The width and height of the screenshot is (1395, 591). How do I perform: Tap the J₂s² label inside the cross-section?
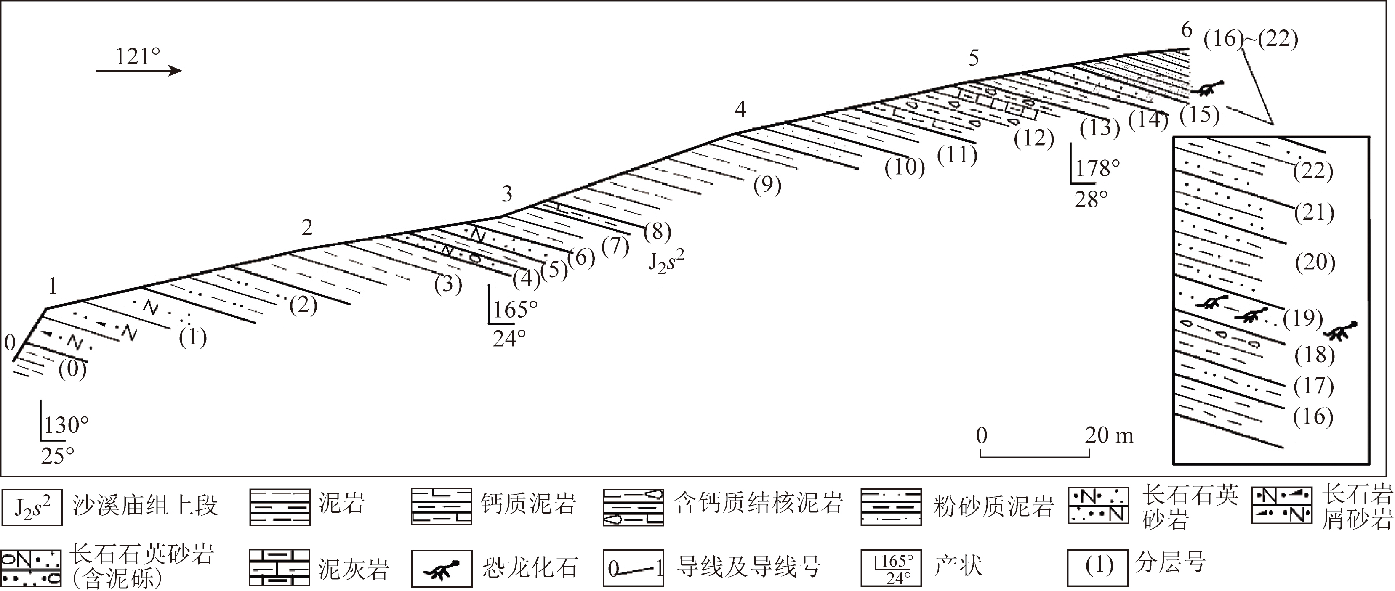coord(666,262)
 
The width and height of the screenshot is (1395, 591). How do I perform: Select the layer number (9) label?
coord(767,186)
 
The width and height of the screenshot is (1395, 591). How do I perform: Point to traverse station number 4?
coord(740,109)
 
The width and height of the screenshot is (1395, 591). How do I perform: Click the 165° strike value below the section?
coord(515,309)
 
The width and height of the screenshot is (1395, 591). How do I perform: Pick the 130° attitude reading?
coord(66,425)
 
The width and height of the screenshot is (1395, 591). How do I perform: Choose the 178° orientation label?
coord(1097,168)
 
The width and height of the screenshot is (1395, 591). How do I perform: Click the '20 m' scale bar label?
coord(1109,435)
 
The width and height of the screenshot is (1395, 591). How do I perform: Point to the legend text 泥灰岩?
coord(353,569)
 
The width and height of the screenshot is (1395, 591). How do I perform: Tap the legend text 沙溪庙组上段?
coord(144,506)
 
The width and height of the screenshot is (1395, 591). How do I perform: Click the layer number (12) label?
coord(1034,138)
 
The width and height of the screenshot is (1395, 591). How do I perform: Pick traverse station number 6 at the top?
coord(1186,30)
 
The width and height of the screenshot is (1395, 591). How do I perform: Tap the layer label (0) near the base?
coord(72,371)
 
